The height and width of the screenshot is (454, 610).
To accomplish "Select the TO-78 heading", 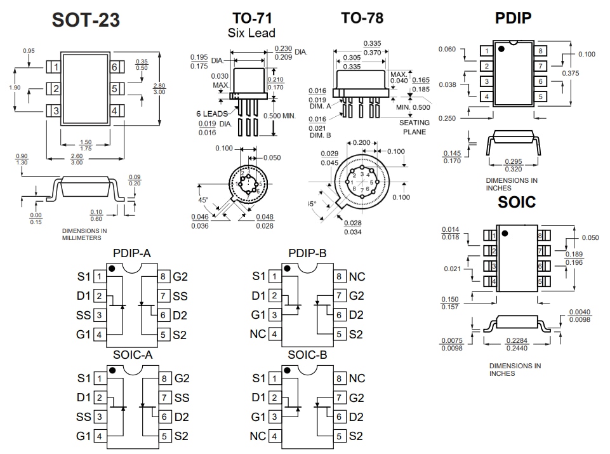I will tap(362, 18).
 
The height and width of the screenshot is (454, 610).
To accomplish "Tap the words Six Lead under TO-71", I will tap(251, 32).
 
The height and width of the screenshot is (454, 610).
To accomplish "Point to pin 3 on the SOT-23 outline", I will tap(56, 111).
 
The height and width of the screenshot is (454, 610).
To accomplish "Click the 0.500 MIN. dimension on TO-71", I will tap(280, 116).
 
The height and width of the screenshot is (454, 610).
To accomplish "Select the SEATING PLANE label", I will tap(414, 127).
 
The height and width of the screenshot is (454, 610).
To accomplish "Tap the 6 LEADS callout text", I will tap(211, 114).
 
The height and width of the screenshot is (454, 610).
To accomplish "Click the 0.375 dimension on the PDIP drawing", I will tap(571, 74).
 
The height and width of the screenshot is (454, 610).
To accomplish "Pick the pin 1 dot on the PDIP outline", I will tap(501, 49).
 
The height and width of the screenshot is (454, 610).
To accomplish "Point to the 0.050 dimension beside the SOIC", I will tap(590, 237).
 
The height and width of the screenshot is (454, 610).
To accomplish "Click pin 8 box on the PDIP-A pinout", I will tap(163, 277).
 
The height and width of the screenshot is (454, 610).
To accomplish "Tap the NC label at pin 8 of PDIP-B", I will tap(357, 277).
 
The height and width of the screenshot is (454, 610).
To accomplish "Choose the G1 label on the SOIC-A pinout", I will tap(84, 436).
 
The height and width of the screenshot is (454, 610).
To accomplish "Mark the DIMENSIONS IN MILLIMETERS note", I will tap(84, 234).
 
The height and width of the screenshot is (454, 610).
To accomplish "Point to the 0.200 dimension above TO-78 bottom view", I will tap(361, 143).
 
